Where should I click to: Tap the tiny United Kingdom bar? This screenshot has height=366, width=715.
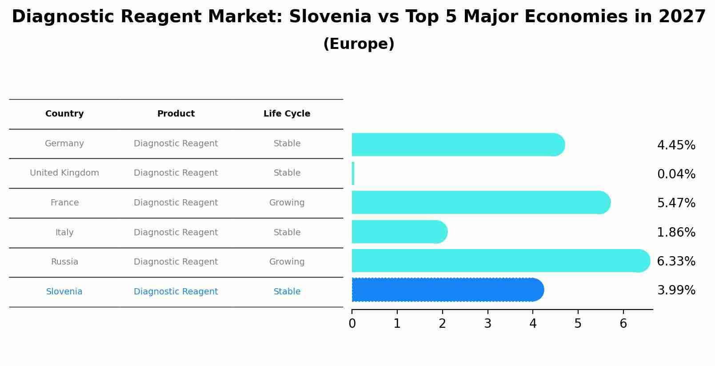point(353,173)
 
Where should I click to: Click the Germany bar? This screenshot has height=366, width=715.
point(458,145)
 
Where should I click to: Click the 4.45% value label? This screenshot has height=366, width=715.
point(676,145)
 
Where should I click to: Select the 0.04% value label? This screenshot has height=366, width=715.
point(676,174)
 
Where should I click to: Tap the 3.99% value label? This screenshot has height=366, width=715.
point(676,290)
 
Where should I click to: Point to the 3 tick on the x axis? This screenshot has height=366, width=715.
point(487,324)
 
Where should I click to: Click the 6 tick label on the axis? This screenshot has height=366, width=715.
point(623,324)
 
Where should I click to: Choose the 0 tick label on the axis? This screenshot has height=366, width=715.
point(352,324)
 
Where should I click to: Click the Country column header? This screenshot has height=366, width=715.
point(64,114)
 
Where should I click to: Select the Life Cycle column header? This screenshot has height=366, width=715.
point(287,114)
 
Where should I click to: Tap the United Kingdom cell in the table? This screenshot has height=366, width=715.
point(64,173)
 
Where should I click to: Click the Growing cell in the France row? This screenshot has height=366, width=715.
point(287,203)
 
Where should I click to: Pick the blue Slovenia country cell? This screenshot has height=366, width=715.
point(64,292)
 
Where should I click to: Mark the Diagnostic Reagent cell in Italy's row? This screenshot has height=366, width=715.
point(176,233)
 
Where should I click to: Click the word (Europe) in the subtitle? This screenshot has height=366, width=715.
point(359,44)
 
